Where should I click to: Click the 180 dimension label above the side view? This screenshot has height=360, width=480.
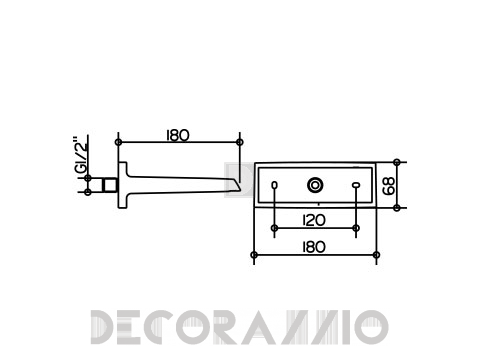(178, 135)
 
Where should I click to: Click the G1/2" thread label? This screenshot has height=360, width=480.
(81, 154)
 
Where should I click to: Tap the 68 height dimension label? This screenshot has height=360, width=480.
(389, 186)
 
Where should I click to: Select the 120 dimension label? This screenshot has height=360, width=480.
(314, 220)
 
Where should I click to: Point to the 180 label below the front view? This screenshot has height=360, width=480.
(314, 247)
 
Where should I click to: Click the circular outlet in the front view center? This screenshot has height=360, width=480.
(315, 185)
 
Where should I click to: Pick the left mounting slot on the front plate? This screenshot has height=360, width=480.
(274, 185)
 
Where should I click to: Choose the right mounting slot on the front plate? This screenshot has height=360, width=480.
(356, 185)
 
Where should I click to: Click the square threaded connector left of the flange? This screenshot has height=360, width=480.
(110, 185)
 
